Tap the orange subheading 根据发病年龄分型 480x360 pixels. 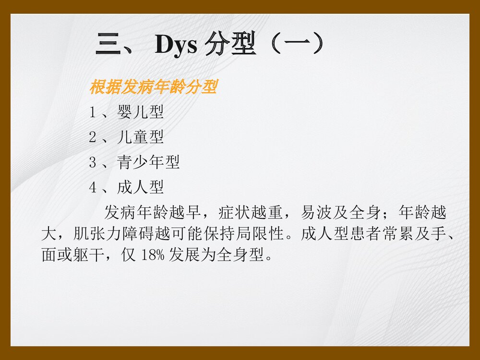[154, 88]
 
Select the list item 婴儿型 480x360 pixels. [140, 113]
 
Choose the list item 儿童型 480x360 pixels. [140, 138]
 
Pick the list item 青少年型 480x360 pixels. [148, 163]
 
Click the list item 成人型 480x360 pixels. [140, 187]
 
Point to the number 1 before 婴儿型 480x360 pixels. [93, 113]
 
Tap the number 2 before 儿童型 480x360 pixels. [93, 138]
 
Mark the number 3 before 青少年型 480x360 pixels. [93, 163]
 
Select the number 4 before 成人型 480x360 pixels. [93, 188]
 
